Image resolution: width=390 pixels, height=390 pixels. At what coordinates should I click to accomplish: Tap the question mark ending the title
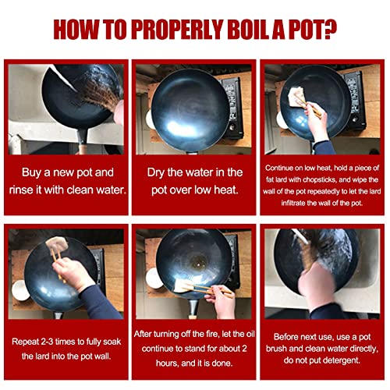tap(329, 29)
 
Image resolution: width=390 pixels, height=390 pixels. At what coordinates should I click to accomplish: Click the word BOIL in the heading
tap(247, 29)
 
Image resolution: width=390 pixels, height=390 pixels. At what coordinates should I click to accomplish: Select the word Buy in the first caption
tap(31, 173)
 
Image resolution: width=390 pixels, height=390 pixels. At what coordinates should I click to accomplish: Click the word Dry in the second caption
tap(156, 173)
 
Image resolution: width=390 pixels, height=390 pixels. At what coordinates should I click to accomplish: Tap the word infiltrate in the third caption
tap(292, 203)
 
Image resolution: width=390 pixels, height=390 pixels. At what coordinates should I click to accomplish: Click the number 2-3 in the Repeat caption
tap(48, 342)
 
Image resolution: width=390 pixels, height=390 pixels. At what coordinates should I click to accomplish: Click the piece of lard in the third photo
tap(296, 96)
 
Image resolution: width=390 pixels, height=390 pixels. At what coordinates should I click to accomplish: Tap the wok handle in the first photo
tap(83, 141)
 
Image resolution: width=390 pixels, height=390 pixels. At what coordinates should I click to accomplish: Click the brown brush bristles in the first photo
tap(100, 94)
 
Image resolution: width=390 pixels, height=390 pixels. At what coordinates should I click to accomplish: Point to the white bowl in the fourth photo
tap(20, 290)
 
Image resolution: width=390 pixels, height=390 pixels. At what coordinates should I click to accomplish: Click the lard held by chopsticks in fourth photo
tap(57, 243)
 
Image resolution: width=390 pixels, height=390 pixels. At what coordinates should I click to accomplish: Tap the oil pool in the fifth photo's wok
tap(198, 262)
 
